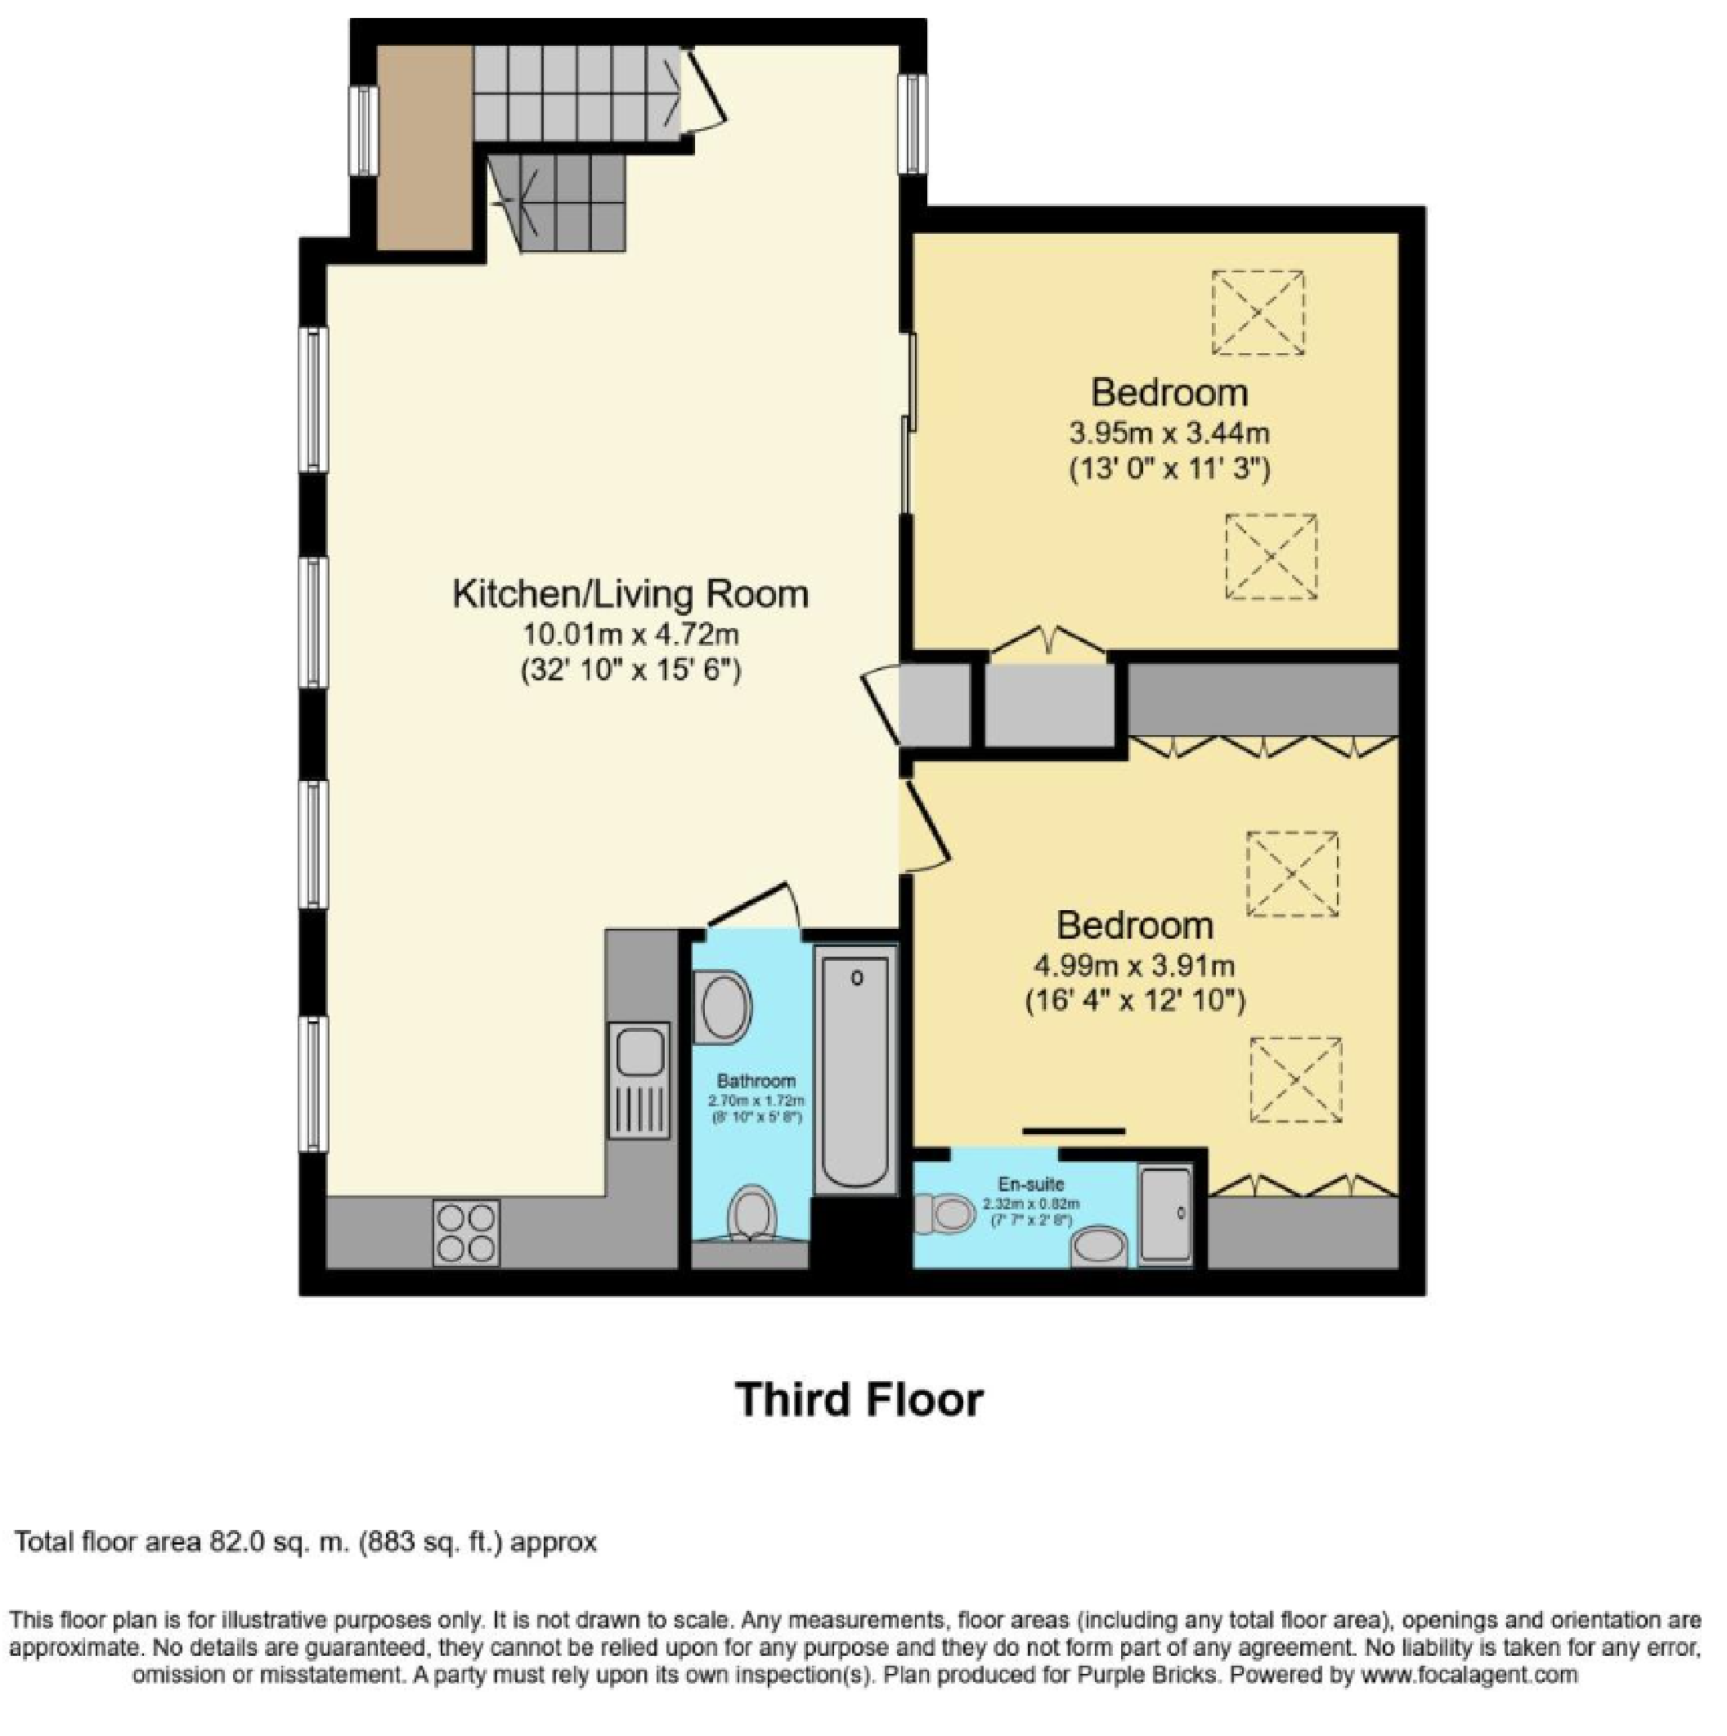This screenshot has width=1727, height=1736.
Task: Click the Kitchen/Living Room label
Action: pos(630,594)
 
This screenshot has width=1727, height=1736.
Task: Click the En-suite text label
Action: pos(1030,1183)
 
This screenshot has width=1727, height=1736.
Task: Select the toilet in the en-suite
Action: pos(944,1215)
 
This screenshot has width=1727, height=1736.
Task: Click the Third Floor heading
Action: pos(859,1399)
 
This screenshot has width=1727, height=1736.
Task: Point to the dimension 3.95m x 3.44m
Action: pos(1169,434)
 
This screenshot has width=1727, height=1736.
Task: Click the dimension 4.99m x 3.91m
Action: pos(1134,966)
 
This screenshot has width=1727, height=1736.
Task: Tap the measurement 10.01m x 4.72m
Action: pos(630,635)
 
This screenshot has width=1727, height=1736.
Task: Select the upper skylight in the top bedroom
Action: pos(1257,312)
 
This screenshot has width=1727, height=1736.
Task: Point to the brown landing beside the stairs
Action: pos(424,148)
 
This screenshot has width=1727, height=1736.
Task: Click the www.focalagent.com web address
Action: pos(1469,1674)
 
